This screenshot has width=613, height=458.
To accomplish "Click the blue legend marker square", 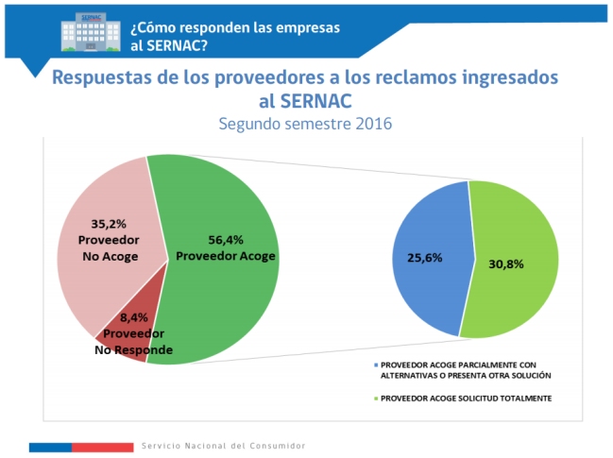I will click(376, 363).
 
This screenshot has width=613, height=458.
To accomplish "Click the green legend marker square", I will click(376, 399).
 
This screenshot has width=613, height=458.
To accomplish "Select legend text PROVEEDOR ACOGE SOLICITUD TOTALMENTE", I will click(466, 399).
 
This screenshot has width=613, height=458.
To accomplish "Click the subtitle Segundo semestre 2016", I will click(305, 124).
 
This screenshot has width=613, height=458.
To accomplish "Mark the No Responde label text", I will click(133, 349).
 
